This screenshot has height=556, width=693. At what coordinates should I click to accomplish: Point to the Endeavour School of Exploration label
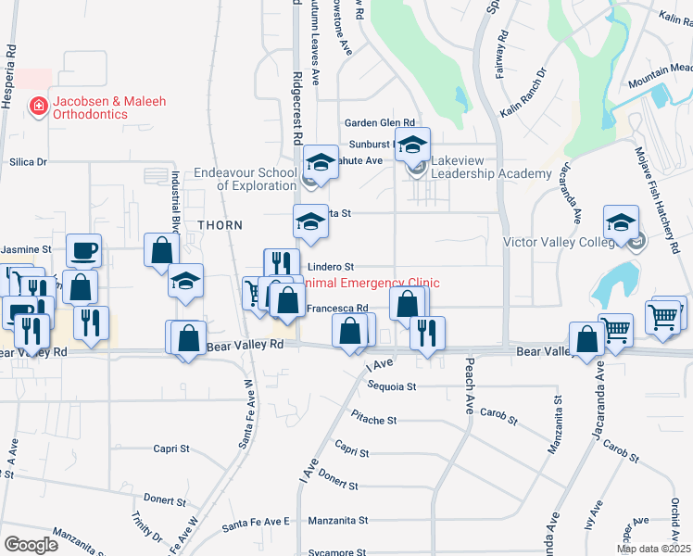click(x=245, y=179)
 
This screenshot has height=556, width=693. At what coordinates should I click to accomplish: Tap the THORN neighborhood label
click(x=220, y=225)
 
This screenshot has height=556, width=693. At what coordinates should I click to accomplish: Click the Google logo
click(x=31, y=544)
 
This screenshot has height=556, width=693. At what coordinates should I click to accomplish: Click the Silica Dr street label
click(x=28, y=161)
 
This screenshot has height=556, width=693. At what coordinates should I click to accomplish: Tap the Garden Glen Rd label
click(x=379, y=123)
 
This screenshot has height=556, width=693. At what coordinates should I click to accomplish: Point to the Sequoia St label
click(x=391, y=385)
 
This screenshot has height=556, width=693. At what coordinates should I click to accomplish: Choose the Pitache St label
click(x=374, y=420)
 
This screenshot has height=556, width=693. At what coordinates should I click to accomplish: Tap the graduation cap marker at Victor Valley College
click(x=621, y=223)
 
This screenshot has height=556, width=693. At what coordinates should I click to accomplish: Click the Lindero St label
click(x=331, y=267)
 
